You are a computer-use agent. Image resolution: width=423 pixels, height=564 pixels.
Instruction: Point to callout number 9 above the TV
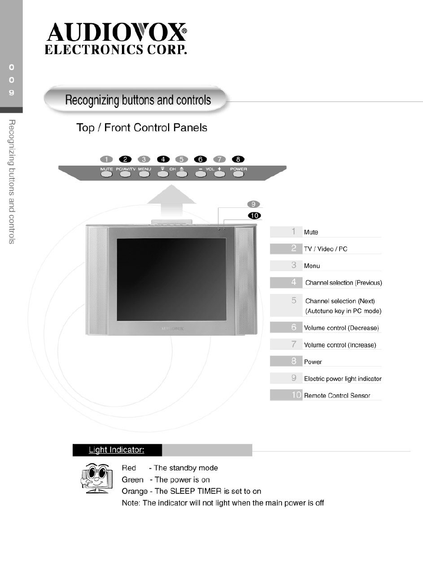253,204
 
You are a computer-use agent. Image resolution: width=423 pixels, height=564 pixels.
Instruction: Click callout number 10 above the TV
254,215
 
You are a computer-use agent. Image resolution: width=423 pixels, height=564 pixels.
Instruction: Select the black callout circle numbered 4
163,159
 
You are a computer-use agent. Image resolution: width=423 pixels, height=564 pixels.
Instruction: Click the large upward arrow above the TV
173,202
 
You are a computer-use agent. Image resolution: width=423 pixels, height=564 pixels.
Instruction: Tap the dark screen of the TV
172,279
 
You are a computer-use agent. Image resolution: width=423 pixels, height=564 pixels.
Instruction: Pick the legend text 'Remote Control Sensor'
337,396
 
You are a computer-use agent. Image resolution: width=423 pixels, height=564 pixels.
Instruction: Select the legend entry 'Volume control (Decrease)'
341,328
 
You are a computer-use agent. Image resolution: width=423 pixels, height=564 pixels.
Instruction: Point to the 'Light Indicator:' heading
116,450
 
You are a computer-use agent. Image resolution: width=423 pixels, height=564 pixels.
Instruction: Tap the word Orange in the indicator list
134,491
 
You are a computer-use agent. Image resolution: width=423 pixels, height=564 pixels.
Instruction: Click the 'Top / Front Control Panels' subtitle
142,128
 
